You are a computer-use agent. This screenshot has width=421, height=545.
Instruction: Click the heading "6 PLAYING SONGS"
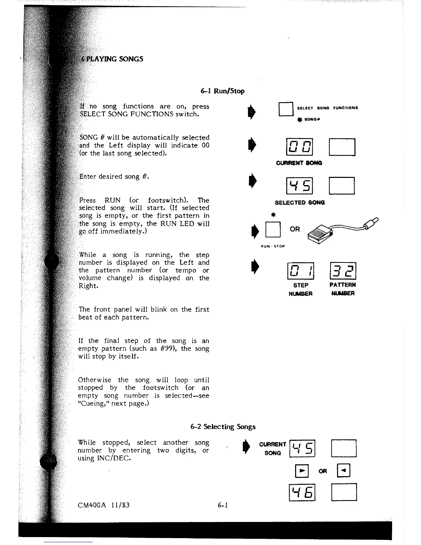pyautogui.click(x=112, y=59)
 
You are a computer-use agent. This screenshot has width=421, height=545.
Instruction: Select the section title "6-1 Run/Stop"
pyautogui.click(x=222, y=91)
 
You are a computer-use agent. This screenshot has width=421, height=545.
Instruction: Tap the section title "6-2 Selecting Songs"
pyautogui.click(x=223, y=427)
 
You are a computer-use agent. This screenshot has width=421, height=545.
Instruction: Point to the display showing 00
pyautogui.click(x=299, y=147)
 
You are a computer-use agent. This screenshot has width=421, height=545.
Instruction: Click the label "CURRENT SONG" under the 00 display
pyautogui.click(x=299, y=163)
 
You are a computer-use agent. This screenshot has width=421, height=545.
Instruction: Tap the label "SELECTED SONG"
pyautogui.click(x=300, y=203)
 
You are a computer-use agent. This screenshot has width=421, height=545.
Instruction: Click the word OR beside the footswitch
pyautogui.click(x=295, y=229)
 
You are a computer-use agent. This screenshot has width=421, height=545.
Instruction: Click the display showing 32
pyautogui.click(x=343, y=271)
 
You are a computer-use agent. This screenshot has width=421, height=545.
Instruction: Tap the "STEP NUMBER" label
pyautogui.click(x=300, y=289)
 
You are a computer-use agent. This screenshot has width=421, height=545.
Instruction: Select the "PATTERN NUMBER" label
pyautogui.click(x=343, y=289)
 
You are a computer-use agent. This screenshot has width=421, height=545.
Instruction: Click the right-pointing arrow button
pyautogui.click(x=302, y=471)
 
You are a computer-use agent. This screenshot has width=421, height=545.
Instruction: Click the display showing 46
pyautogui.click(x=302, y=492)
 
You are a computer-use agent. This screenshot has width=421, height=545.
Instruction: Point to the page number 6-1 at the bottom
pyautogui.click(x=223, y=505)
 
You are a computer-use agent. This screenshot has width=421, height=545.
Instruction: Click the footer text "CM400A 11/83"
pyautogui.click(x=104, y=505)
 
